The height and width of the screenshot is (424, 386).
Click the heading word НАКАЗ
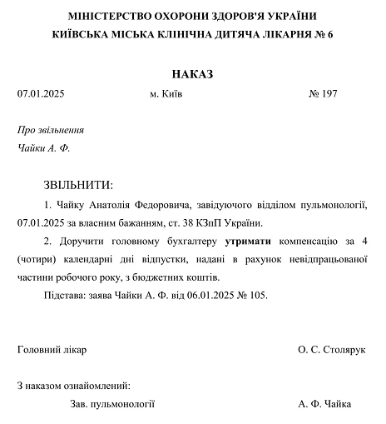193,74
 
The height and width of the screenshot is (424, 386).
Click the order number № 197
323,94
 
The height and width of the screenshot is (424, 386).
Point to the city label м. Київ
166,94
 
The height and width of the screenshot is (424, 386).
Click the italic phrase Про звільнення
51,131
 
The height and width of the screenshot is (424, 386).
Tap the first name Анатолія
106,205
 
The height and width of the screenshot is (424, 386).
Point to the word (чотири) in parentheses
36,260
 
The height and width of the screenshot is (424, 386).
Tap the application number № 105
255,296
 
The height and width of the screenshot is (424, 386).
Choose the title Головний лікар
52,350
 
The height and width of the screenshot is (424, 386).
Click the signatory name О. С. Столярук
332,350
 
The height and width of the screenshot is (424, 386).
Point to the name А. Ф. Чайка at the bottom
324,404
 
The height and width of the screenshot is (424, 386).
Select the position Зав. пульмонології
114,404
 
